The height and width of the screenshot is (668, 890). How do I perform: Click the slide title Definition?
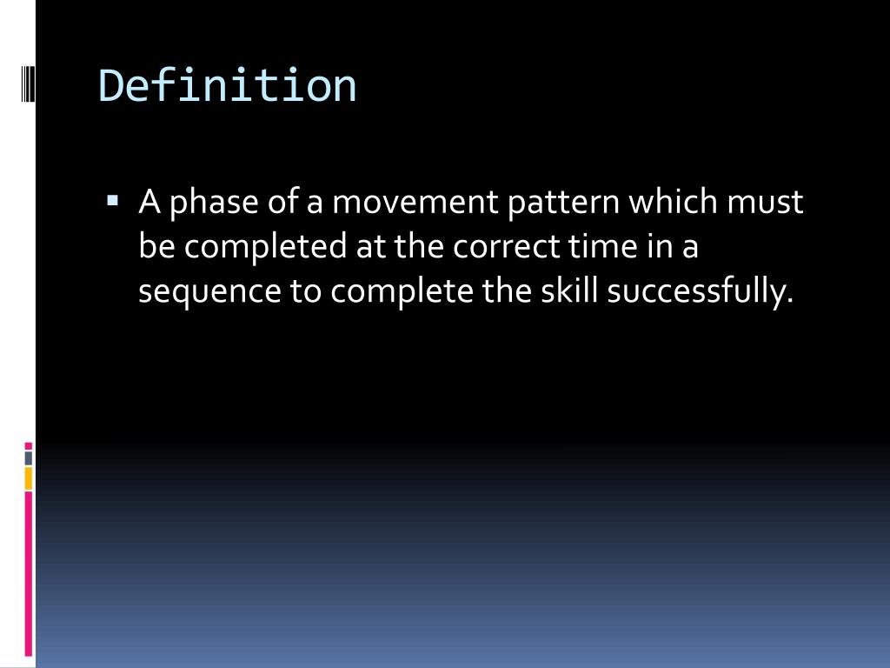coord(228,86)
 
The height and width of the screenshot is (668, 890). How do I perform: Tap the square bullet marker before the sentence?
coord(113,201)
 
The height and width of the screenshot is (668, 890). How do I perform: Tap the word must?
coord(766,203)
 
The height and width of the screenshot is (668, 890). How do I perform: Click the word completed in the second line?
coord(266,248)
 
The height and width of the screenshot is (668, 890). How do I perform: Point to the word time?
coord(601,248)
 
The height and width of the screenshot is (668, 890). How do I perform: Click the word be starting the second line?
coord(157,248)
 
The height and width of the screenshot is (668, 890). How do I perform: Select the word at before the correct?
coord(370,248)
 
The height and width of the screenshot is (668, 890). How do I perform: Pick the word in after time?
coord(655,248)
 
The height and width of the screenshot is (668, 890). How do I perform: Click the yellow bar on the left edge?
coord(28,478)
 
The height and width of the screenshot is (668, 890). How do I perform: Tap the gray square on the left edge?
coord(28,458)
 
